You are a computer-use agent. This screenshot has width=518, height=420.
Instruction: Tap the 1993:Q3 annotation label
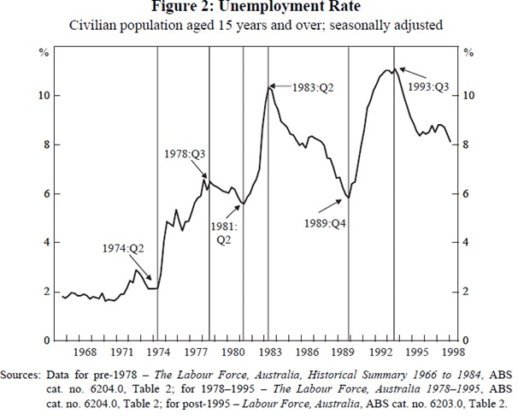[x=427, y=86]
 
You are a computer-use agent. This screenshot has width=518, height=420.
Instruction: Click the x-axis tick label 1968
[x=85, y=352]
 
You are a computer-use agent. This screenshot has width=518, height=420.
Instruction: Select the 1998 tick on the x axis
[x=455, y=352]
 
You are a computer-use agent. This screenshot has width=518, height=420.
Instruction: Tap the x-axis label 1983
[x=269, y=352]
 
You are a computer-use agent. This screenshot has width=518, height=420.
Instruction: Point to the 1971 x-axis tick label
[x=121, y=352]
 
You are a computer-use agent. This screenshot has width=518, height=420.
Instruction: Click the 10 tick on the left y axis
[x=44, y=95]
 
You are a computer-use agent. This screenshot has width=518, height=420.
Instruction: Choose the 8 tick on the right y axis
[x=468, y=145]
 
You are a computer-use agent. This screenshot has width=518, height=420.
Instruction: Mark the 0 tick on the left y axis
[x=47, y=340]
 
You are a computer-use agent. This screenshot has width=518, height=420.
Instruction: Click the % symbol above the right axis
[x=468, y=53]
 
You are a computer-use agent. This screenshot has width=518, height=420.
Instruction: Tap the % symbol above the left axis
[x=46, y=53]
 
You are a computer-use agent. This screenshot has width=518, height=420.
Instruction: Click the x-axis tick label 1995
[x=418, y=352]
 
